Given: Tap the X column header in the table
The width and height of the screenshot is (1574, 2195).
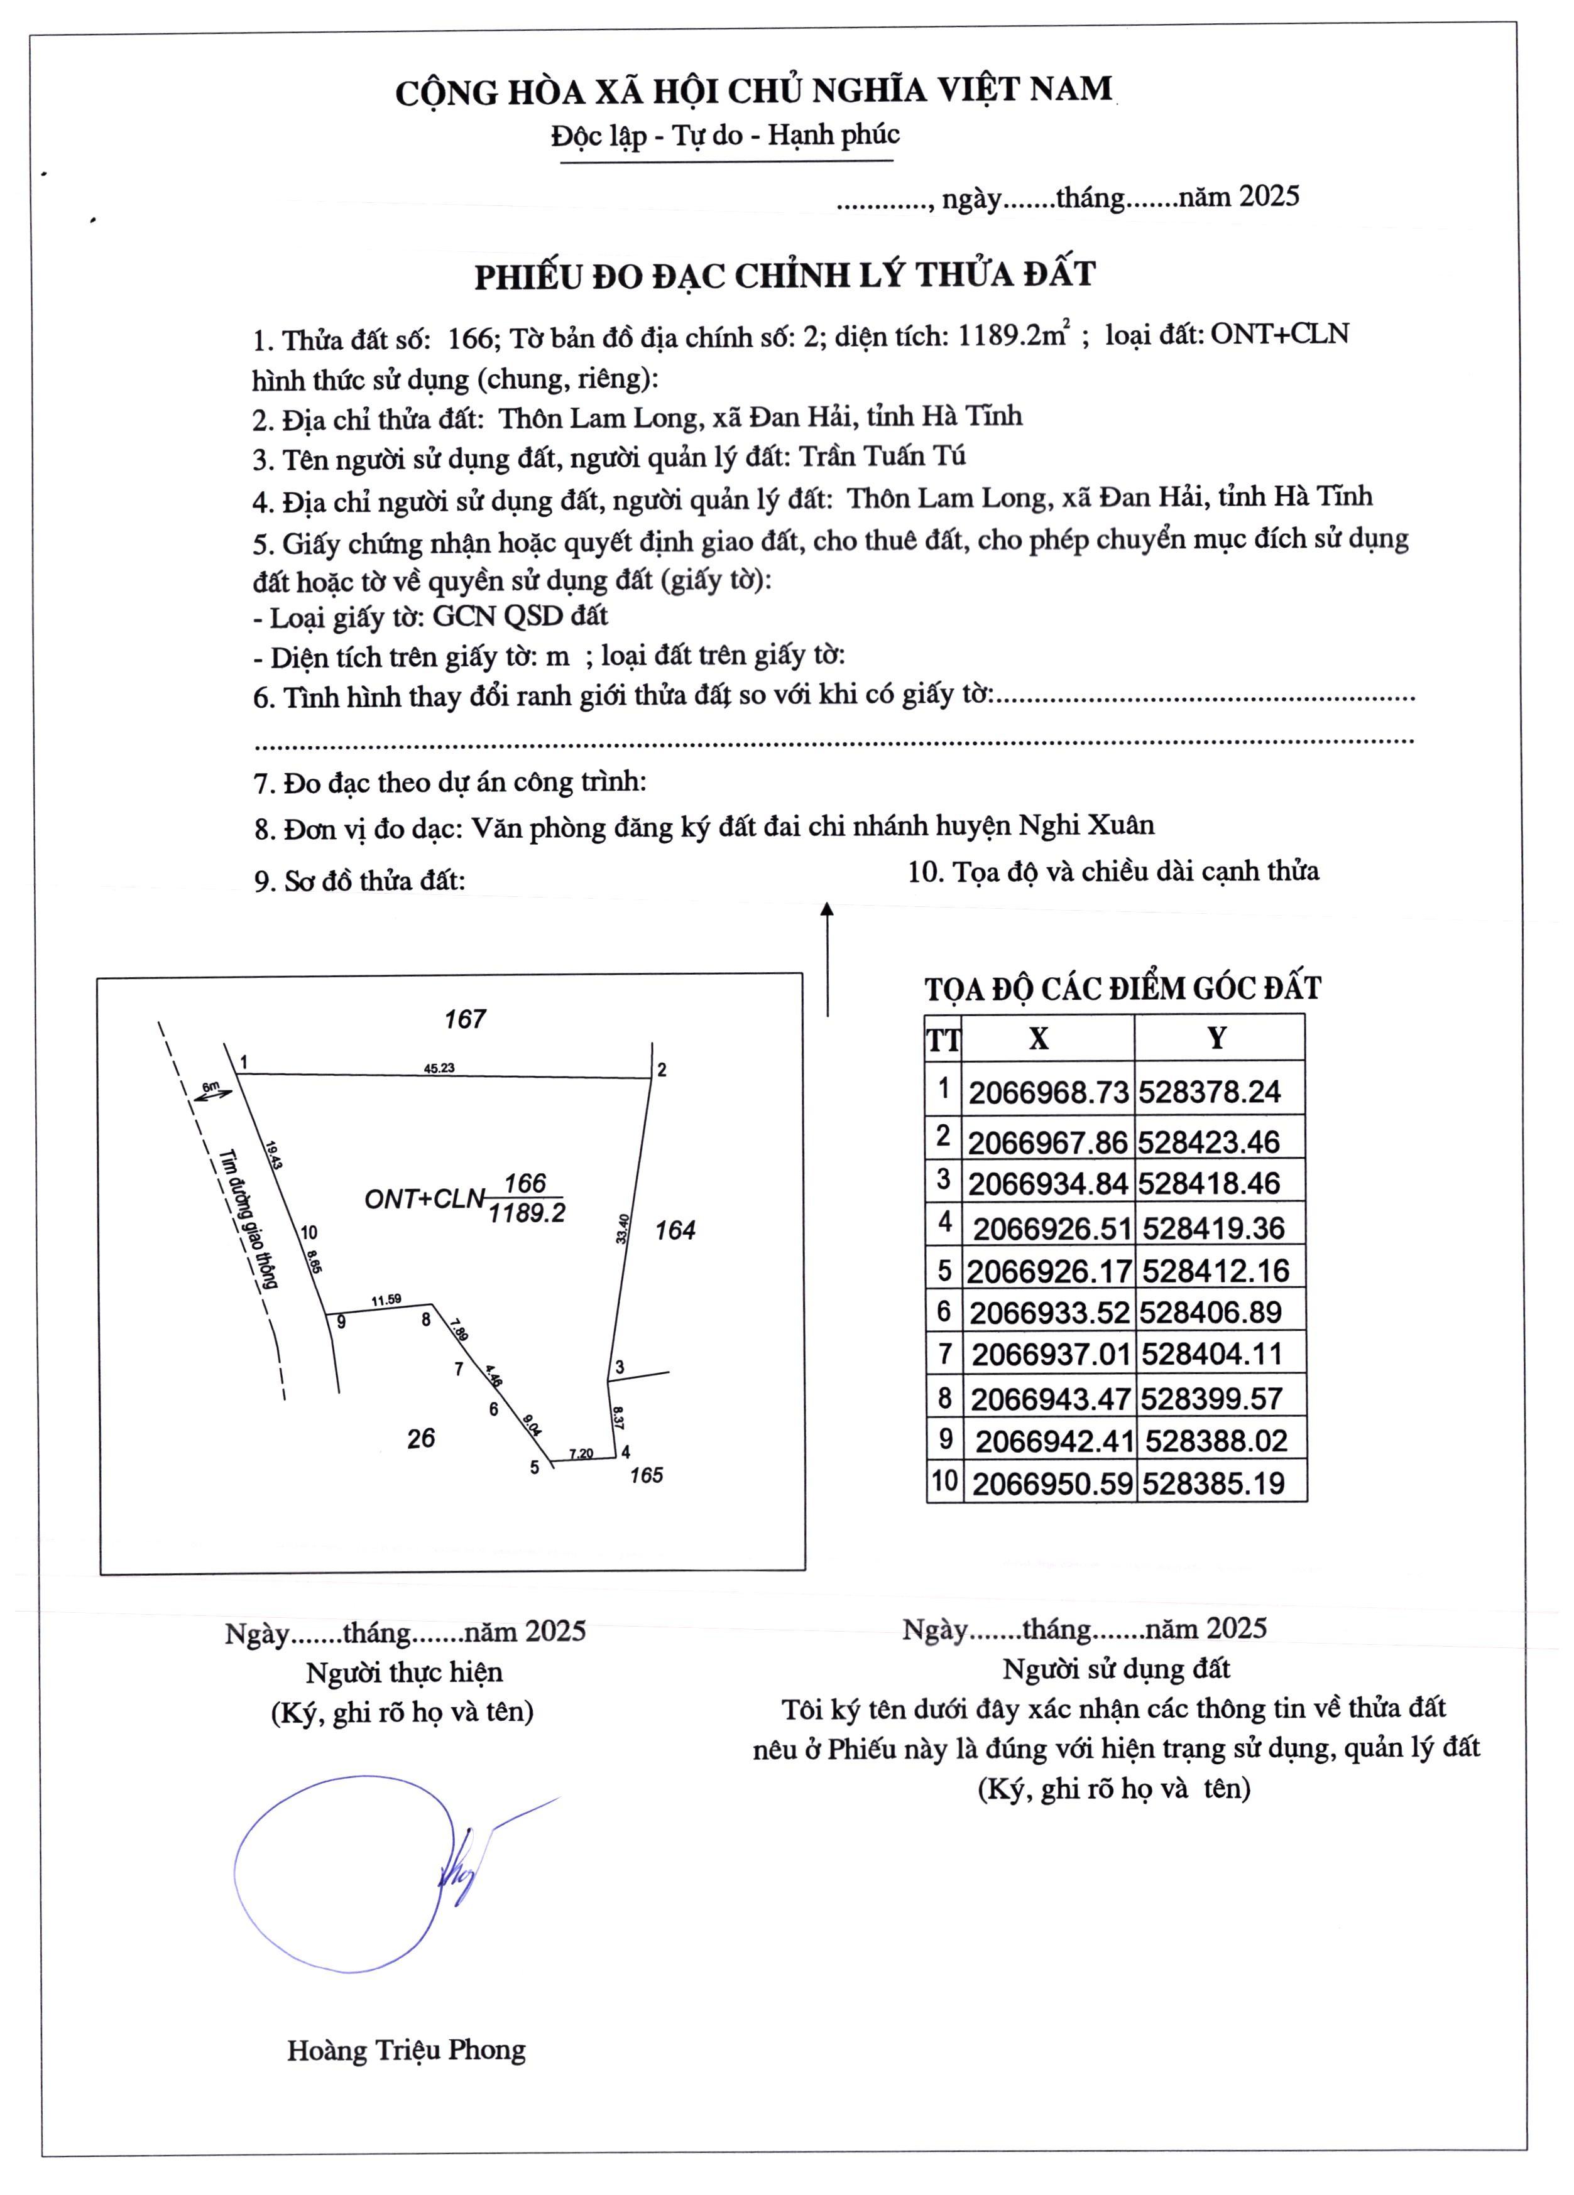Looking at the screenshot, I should [x=1039, y=1038].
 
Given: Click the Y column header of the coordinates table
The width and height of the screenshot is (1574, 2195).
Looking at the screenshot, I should [x=1217, y=1038].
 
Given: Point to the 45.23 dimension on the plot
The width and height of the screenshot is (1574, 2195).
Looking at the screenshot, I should [x=439, y=1068].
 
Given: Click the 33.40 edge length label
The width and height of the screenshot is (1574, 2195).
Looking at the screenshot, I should [x=623, y=1228].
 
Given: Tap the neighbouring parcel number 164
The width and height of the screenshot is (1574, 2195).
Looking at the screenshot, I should [x=675, y=1230].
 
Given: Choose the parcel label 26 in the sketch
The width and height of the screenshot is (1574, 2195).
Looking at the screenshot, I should [x=421, y=1438].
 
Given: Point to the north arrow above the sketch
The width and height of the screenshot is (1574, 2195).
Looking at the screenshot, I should [x=827, y=958].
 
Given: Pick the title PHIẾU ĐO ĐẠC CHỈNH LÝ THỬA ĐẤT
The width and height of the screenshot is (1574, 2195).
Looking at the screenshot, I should [x=784, y=276].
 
